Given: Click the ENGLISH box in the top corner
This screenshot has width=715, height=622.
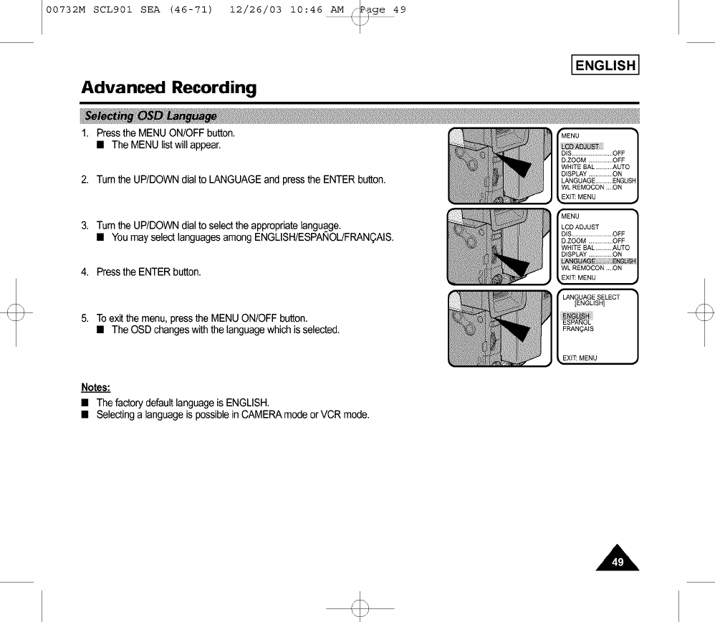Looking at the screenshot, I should [x=605, y=66].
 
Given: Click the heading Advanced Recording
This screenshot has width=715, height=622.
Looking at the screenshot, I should [x=168, y=88].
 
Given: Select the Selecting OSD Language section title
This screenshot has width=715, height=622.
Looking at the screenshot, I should [x=150, y=116].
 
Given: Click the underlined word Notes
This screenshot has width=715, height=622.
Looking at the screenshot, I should [x=95, y=388].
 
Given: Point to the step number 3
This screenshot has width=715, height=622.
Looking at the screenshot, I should [x=85, y=226].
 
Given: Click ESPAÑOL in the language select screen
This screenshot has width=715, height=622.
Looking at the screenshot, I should [x=577, y=322].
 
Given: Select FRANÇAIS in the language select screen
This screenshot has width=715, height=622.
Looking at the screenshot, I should [x=578, y=329].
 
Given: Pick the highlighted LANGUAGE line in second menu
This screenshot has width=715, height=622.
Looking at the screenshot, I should [x=598, y=261].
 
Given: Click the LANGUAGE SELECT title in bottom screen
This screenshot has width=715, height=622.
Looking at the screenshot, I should [x=591, y=297].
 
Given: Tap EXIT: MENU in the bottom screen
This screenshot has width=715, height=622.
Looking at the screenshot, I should [x=580, y=358].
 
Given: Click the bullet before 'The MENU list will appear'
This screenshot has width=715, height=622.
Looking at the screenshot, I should [x=102, y=145].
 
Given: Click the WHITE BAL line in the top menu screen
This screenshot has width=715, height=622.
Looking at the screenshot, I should [x=595, y=167].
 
